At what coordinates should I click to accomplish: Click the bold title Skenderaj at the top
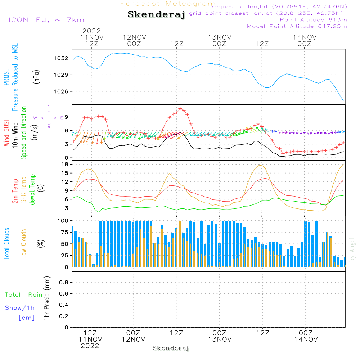pos(156,14)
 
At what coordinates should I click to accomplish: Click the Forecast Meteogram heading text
pos(168,4)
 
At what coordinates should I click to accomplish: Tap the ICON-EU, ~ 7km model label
pos(46,20)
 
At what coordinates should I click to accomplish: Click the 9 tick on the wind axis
pos(66,117)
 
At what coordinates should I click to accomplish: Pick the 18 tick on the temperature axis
pos(65,164)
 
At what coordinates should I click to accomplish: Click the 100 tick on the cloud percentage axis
pos(63,220)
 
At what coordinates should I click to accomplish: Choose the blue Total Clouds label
pos(6,244)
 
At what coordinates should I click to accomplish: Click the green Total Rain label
pos(23,295)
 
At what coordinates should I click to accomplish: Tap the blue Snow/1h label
pos(20,308)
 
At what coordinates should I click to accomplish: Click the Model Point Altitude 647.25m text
pos(297,26)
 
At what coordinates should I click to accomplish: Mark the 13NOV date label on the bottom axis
pos(219,339)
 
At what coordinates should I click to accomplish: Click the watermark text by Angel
pos(352,249)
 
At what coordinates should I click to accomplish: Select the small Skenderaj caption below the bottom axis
pos(171,348)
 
